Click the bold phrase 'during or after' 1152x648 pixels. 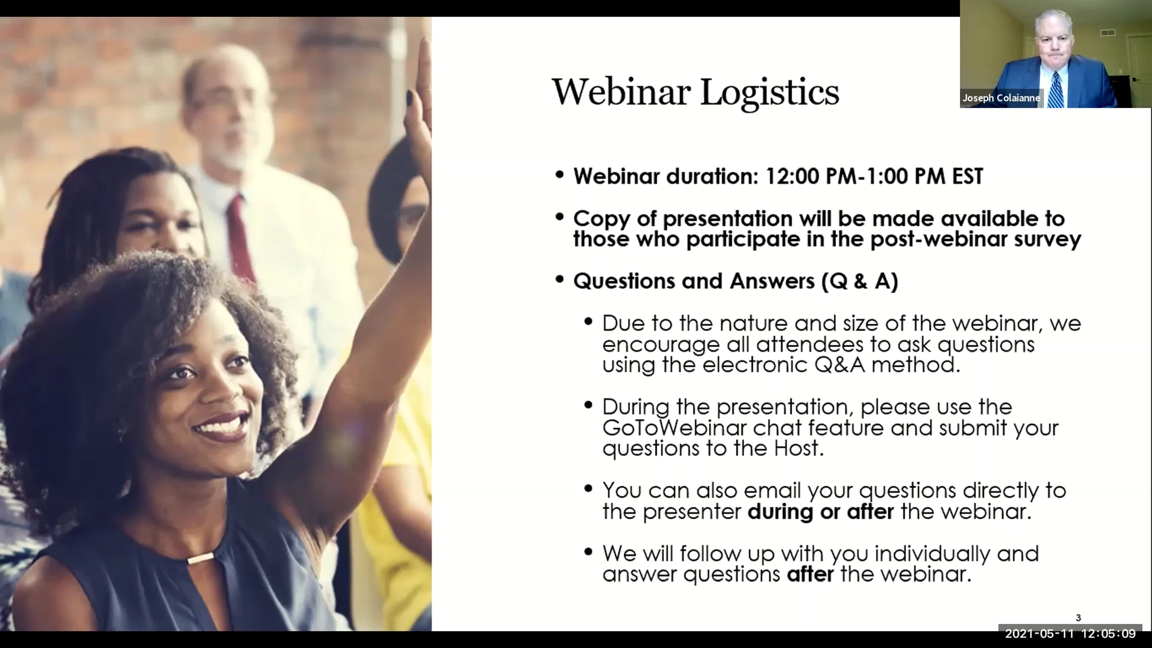821,511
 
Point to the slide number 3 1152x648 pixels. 1078,618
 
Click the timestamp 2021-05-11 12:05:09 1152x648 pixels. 1070,634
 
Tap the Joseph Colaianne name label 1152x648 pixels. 1001,98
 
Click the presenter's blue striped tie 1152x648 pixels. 1055,90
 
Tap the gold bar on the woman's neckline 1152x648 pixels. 200,559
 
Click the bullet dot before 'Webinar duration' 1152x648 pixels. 559,175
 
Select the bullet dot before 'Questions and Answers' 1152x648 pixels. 559,279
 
